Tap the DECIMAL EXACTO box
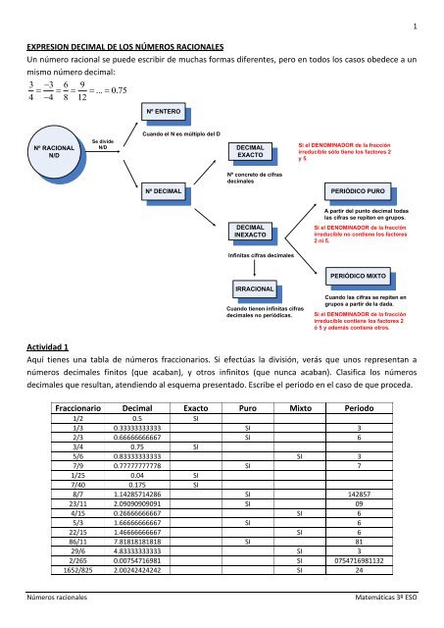point(250,151)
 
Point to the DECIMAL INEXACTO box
point(249,232)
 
